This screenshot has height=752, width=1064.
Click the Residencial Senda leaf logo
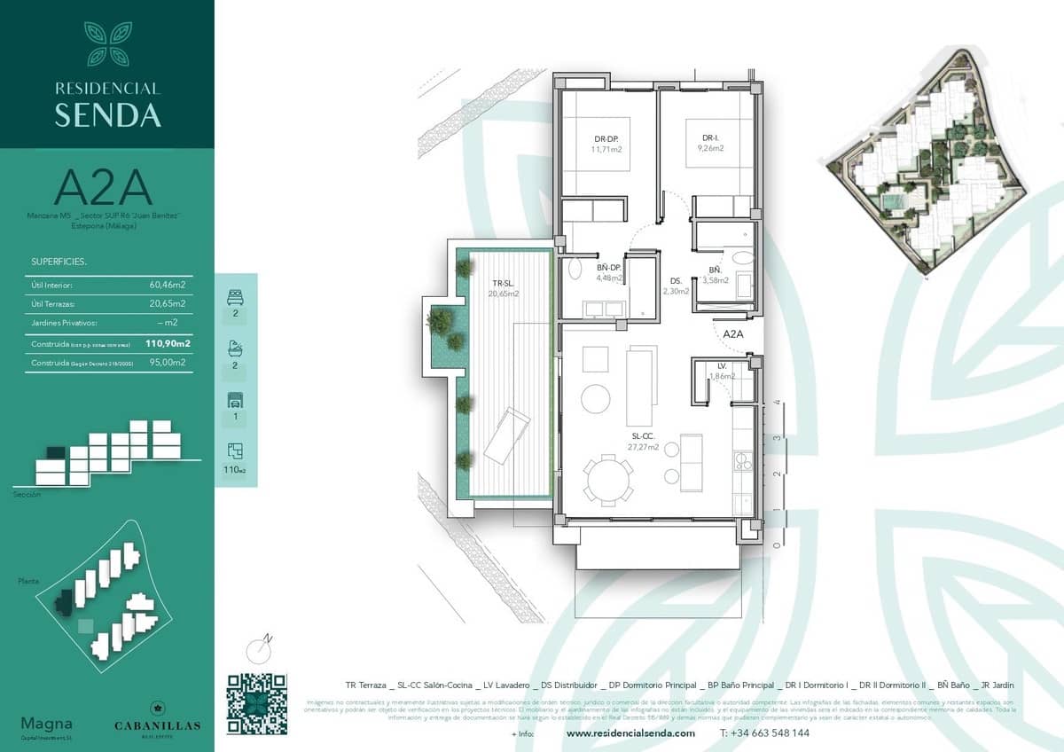[x=107, y=43]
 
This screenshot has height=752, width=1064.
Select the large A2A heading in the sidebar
[x=103, y=188]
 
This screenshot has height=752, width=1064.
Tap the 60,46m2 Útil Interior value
[x=167, y=286]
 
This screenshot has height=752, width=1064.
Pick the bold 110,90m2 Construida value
[x=168, y=343]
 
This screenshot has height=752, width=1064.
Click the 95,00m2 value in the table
[x=167, y=363]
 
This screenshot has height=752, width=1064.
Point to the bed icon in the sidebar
[x=235, y=297]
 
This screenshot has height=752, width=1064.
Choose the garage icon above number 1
[x=235, y=399]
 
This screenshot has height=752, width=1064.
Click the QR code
[x=256, y=704]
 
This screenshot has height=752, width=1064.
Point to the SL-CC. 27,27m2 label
[x=645, y=442]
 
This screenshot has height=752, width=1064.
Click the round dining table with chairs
[x=608, y=479]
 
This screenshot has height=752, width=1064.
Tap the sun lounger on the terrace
[x=506, y=435]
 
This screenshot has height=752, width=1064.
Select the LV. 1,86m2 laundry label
[x=722, y=371]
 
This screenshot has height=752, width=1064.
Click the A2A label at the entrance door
[x=732, y=334]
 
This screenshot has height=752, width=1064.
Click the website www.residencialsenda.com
[x=630, y=733]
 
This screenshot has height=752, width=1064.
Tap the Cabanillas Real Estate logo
[x=157, y=717]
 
